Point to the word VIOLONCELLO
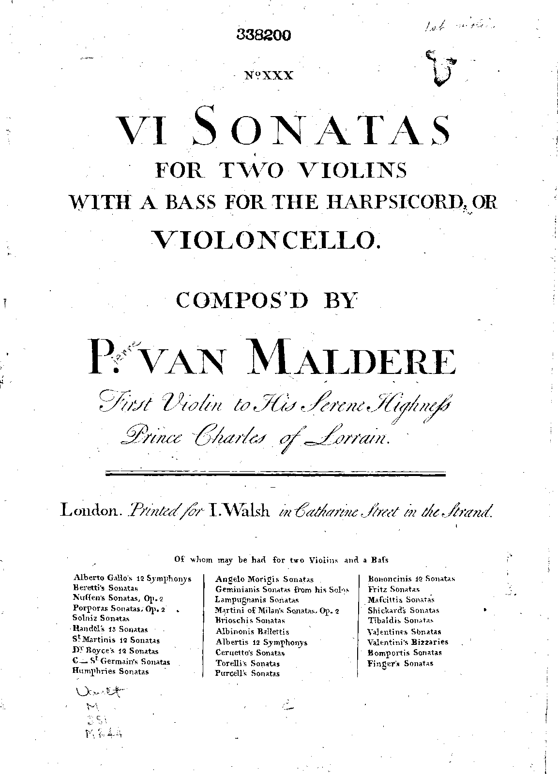(x=265, y=238)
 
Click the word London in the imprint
(x=90, y=510)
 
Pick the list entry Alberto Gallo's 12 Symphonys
(x=132, y=578)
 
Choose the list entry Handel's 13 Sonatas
(x=110, y=630)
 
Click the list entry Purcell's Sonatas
(x=247, y=673)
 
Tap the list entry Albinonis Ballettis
(x=252, y=631)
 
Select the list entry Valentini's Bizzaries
(x=408, y=642)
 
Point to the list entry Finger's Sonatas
(x=400, y=663)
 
